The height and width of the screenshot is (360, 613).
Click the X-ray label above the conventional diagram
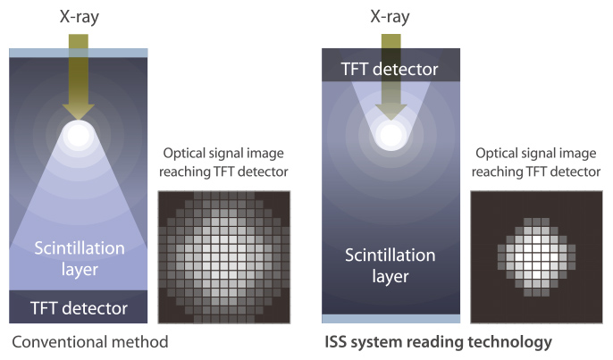click(x=80, y=17)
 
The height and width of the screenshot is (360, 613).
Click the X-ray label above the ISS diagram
click(x=390, y=17)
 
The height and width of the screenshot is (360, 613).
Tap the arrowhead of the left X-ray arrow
click(x=79, y=112)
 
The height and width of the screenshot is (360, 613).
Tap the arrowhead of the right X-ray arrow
click(x=390, y=112)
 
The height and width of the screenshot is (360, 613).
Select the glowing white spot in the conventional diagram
click(x=79, y=135)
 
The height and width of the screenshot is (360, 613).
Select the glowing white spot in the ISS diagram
click(x=391, y=135)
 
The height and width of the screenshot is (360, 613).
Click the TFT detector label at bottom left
click(x=79, y=308)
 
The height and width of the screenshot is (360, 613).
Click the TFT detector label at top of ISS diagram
click(x=390, y=69)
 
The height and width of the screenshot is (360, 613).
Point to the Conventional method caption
click(x=90, y=342)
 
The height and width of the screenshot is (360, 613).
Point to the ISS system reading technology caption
click(x=438, y=342)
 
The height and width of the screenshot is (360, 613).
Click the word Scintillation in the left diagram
click(x=80, y=247)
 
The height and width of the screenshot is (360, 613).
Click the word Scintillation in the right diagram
click(x=390, y=255)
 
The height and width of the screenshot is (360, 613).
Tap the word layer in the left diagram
click(x=80, y=270)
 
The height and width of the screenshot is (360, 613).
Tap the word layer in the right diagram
click(x=390, y=277)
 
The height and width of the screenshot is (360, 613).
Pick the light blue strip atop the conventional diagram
click(x=79, y=53)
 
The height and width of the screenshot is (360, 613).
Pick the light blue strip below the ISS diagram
click(x=391, y=319)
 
